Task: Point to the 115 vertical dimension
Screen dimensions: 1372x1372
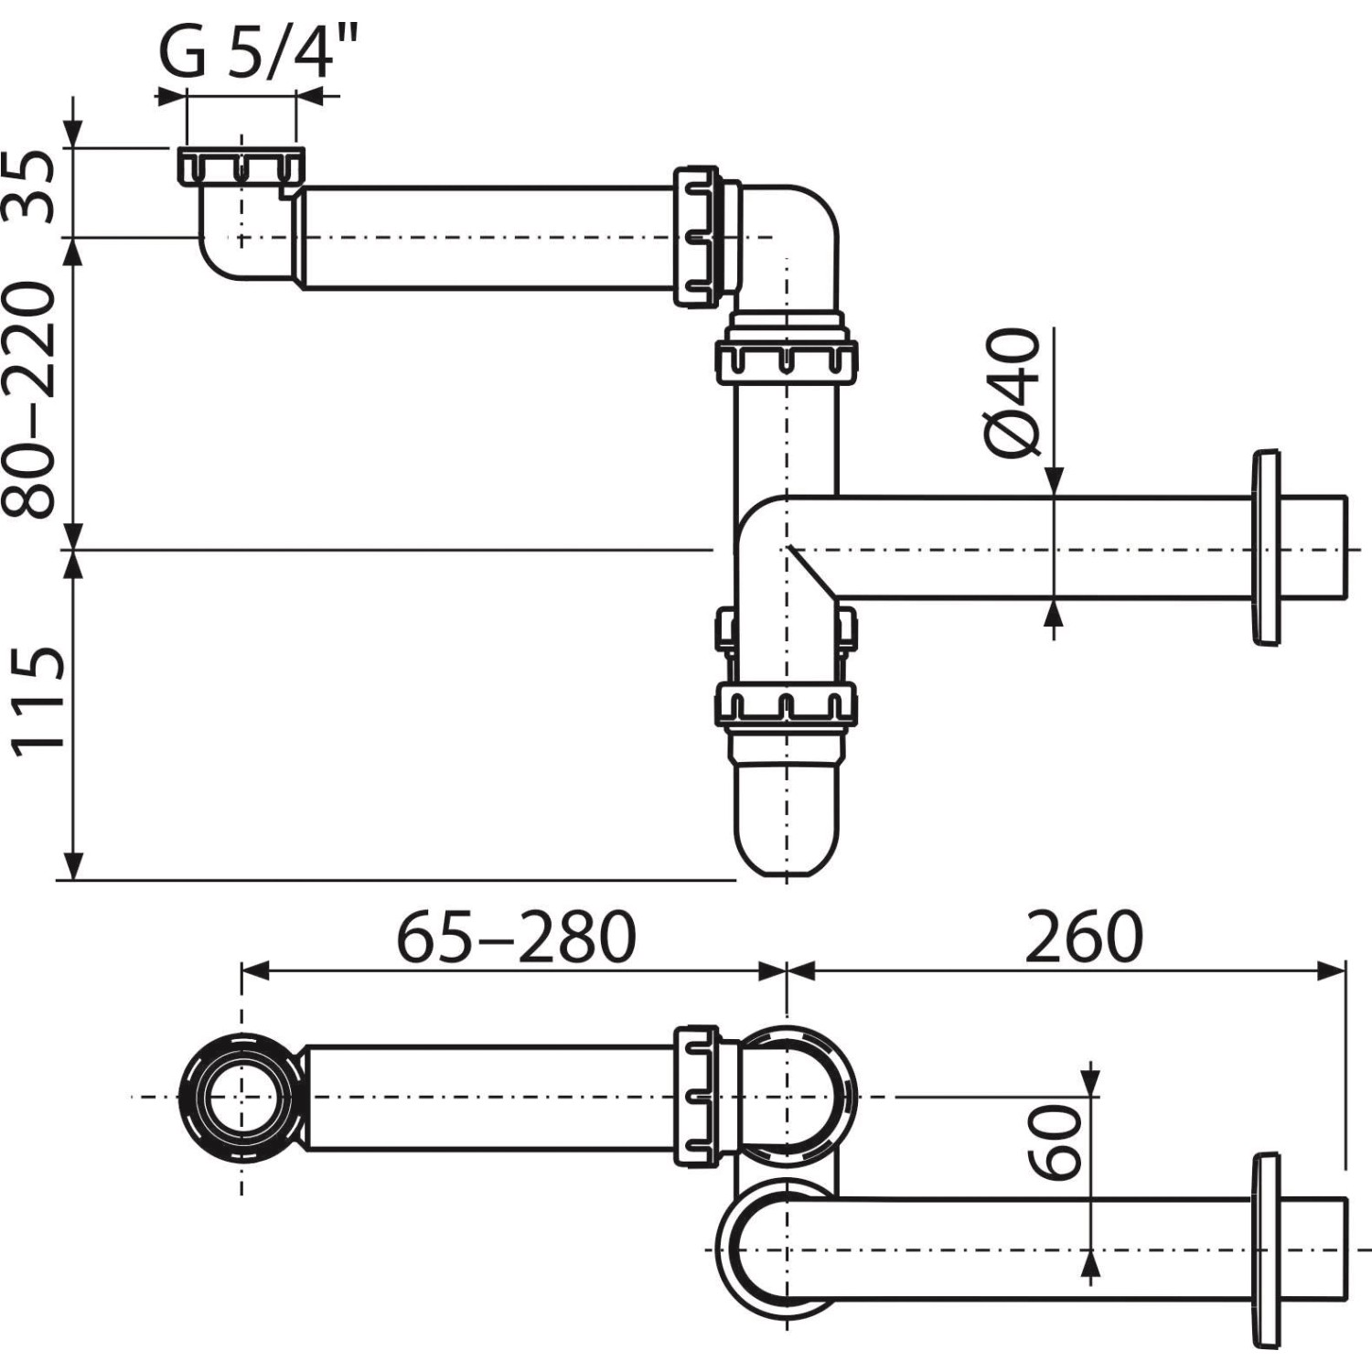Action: click(x=38, y=701)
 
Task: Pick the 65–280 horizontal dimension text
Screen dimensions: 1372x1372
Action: click(x=516, y=936)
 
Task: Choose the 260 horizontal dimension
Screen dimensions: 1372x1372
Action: click(x=1084, y=936)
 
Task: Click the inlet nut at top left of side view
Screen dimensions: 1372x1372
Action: click(x=241, y=166)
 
